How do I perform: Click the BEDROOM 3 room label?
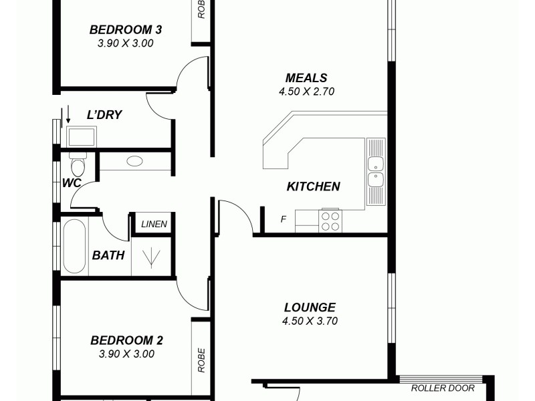(x=126, y=29)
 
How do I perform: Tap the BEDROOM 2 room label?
(x=126, y=340)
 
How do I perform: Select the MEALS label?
(x=306, y=78)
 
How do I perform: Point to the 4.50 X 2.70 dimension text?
(x=306, y=92)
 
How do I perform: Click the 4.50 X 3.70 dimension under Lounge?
(x=310, y=321)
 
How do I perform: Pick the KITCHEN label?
(x=313, y=186)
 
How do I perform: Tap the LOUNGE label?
(x=310, y=307)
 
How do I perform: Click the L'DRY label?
(x=104, y=114)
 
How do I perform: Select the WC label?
(x=72, y=182)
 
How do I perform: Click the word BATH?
(x=108, y=255)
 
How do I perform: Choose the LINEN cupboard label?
(x=154, y=225)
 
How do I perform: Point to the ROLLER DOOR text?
(x=443, y=388)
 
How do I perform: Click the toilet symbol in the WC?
(x=77, y=164)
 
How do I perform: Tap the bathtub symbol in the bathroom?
(x=75, y=247)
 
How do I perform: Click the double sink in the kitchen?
(x=376, y=170)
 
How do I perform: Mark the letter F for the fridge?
(x=284, y=219)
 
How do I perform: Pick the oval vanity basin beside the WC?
(x=134, y=161)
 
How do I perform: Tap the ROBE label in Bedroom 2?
(x=201, y=360)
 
